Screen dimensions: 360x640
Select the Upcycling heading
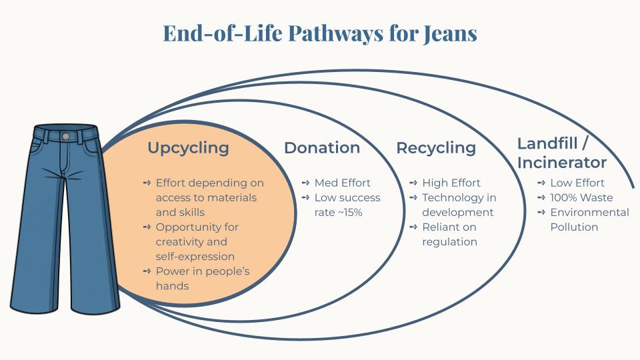click(x=188, y=148)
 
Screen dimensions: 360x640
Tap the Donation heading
click(x=322, y=148)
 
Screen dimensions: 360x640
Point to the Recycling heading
click(x=436, y=148)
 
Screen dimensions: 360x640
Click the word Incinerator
click(x=562, y=163)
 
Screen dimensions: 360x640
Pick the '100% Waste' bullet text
click(x=581, y=197)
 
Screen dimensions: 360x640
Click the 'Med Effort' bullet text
click(x=342, y=183)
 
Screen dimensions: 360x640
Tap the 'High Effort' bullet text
click(x=451, y=183)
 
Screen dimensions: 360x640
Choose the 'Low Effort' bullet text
click(x=577, y=183)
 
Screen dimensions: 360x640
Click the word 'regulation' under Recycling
click(x=449, y=241)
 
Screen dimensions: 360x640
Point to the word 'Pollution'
click(x=574, y=227)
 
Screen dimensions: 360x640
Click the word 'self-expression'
click(x=195, y=256)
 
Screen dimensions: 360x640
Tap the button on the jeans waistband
click(x=65, y=136)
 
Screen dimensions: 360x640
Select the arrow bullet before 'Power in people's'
click(x=147, y=271)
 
